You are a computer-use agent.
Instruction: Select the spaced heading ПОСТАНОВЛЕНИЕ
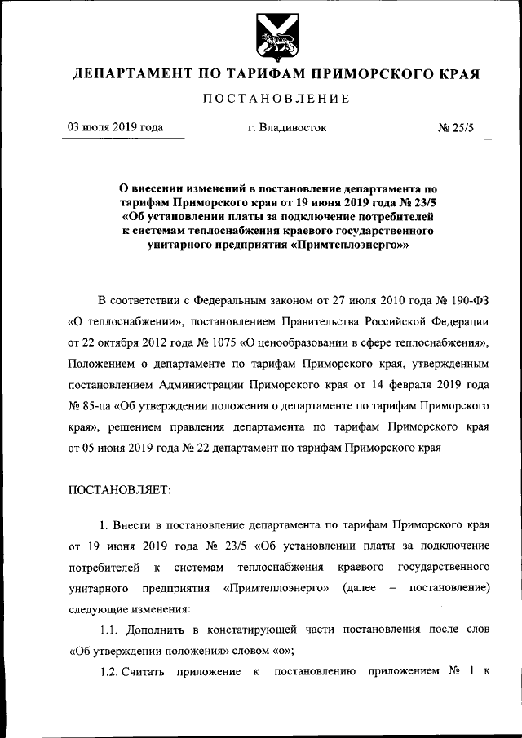click(276, 99)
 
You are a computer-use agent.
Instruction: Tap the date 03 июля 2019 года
click(114, 128)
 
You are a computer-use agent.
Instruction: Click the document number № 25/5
click(456, 128)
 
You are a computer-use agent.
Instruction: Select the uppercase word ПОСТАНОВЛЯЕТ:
click(119, 490)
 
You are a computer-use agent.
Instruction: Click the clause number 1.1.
click(109, 630)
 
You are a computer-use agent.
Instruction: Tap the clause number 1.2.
click(109, 671)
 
